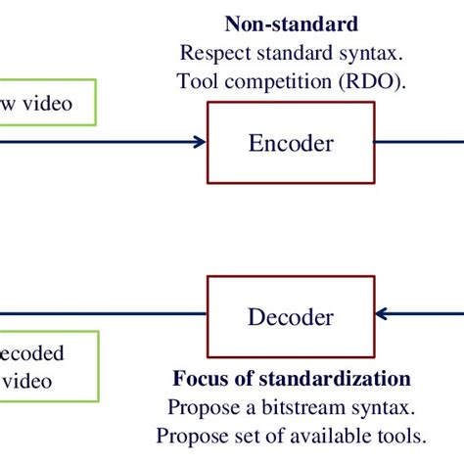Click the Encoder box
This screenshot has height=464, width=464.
(291, 143)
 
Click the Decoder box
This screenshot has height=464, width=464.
(291, 316)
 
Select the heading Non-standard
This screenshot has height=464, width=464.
(291, 23)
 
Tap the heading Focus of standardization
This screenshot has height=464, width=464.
(292, 379)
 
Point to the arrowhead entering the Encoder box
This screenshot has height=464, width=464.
(200, 143)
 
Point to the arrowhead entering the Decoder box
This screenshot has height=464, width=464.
(383, 315)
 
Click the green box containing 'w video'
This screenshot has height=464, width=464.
(48, 103)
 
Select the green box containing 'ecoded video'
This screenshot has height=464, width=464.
(48, 365)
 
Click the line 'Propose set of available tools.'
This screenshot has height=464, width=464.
(291, 434)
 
